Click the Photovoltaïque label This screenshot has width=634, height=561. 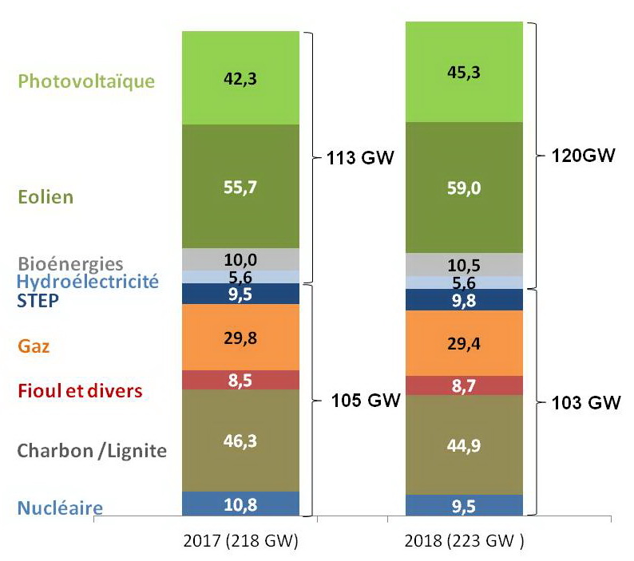pos(86,81)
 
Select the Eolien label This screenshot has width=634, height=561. pos(46,197)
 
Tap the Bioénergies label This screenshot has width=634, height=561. pos(70,263)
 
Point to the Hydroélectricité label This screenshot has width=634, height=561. pos(88,281)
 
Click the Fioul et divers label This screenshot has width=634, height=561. pos(79,392)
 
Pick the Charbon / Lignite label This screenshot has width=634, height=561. pos(92,451)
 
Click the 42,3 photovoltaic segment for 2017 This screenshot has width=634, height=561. pos(240,78)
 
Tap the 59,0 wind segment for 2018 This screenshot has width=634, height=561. pos(464,188)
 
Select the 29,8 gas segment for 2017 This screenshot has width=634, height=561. pos(240,337)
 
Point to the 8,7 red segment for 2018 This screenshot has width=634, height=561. pos(464,385)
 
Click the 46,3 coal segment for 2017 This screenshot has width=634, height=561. pos(240,440)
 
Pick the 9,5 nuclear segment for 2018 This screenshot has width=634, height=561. pos(464,504)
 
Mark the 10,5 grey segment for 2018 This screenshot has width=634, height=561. pos(464,265)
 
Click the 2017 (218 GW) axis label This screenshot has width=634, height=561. pos(241,543)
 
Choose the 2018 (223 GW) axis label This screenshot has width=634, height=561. pos(465,543)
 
